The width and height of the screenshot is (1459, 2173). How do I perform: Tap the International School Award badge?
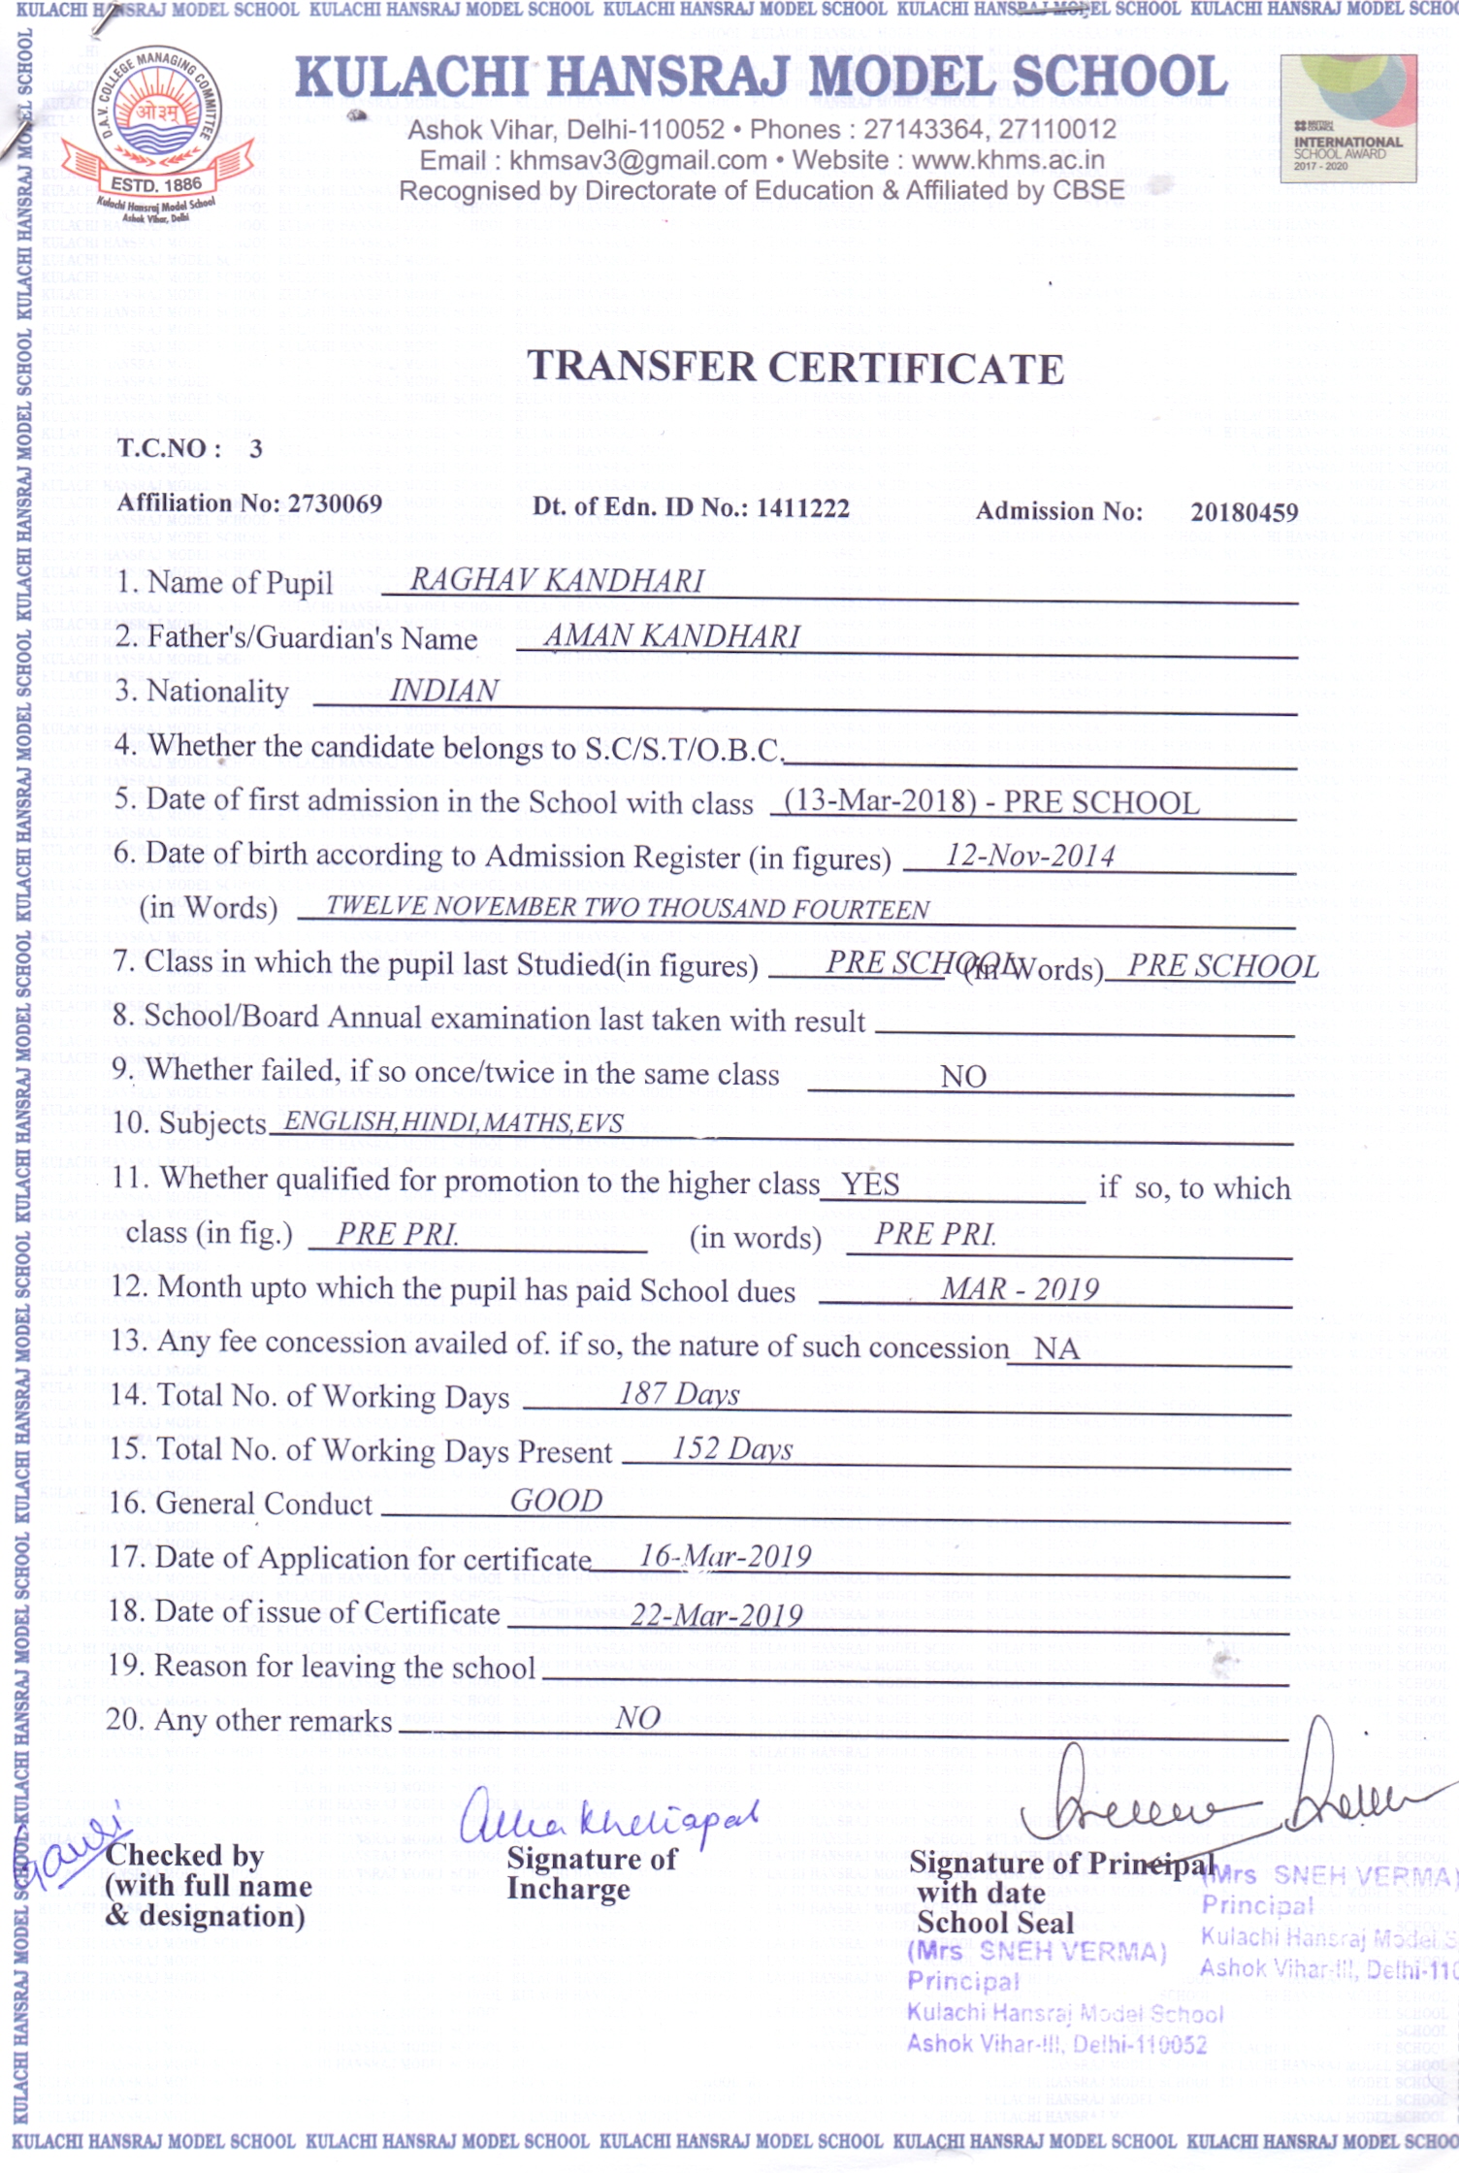1347,119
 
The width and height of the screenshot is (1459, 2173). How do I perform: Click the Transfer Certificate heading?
795,369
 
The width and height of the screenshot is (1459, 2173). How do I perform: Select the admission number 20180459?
1244,512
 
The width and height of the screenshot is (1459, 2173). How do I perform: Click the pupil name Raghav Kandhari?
557,580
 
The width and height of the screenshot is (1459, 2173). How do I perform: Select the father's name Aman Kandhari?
671,636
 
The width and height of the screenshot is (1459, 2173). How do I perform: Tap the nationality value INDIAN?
443,691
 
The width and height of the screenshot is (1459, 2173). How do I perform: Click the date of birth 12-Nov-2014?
1029,856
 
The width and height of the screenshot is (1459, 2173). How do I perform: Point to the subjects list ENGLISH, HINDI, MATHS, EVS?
453,1122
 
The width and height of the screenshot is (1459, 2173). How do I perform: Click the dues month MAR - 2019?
1019,1289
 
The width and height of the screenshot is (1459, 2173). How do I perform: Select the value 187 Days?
679,1395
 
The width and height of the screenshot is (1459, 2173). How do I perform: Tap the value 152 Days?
732,1449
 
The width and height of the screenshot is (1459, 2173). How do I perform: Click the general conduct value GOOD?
556,1501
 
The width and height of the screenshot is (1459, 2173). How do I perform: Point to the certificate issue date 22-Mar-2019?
716,1615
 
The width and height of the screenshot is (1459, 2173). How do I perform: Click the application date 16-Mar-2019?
725,1557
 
